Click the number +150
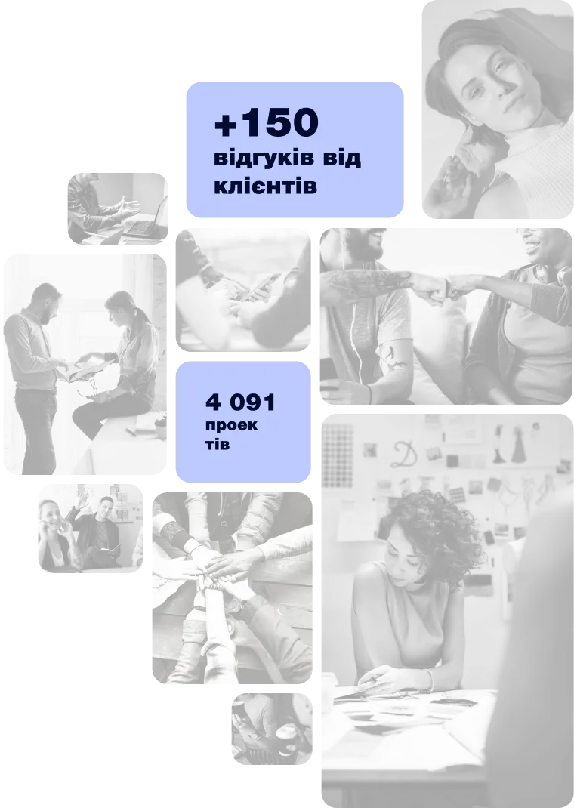pyautogui.click(x=266, y=122)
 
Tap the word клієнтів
pyautogui.click(x=265, y=186)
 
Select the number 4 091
pyautogui.click(x=240, y=402)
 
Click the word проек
pyautogui.click(x=231, y=426)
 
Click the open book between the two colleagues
pyautogui.click(x=85, y=368)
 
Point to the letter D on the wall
pyautogui.click(x=403, y=453)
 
